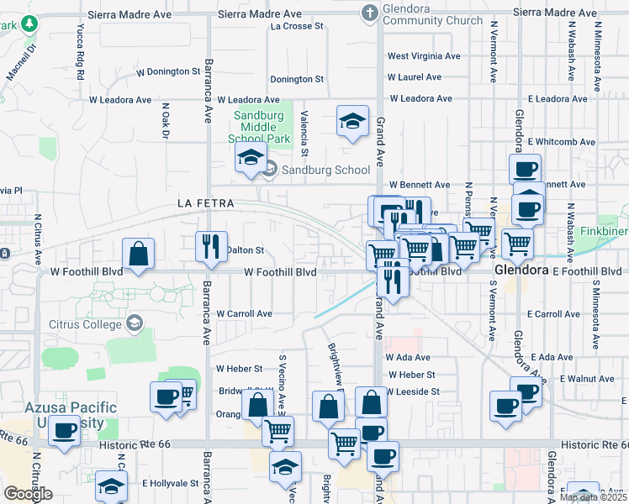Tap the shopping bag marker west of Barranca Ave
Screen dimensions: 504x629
coord(137,254)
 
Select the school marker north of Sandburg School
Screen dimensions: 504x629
coord(251,157)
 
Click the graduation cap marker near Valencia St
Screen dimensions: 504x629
coord(352,121)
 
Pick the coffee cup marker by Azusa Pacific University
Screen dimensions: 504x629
coord(64,432)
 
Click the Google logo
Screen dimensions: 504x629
coord(28,493)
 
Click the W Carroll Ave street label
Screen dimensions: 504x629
coord(245,313)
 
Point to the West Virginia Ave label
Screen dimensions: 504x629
coord(424,56)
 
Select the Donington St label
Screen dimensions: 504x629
coord(296,79)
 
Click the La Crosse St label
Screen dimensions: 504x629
coord(297,26)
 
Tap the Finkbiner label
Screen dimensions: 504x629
coord(603,228)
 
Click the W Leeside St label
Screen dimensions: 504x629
coord(413,391)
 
